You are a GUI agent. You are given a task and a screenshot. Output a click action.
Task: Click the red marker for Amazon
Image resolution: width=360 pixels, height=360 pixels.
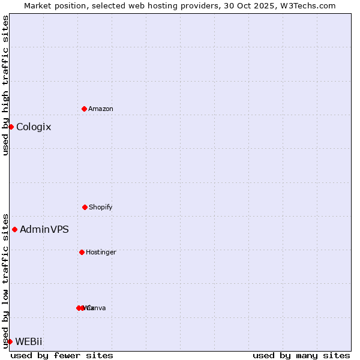(84, 109)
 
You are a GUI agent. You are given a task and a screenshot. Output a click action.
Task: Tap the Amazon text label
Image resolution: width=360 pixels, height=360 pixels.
(101, 109)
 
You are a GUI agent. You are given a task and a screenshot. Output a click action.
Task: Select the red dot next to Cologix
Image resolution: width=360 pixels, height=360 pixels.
(11, 127)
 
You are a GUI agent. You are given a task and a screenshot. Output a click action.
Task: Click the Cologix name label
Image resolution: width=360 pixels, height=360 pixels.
(34, 127)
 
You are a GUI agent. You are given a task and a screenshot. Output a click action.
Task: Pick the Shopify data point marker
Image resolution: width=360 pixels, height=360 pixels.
(85, 207)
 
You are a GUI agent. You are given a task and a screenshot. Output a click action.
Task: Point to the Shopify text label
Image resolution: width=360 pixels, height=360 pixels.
(101, 208)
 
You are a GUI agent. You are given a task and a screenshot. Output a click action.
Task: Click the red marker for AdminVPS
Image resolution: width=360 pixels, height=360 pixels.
(14, 229)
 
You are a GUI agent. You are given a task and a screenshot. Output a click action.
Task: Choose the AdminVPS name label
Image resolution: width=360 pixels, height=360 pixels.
(44, 230)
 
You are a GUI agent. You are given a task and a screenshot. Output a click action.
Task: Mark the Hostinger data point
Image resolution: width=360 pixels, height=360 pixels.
(82, 252)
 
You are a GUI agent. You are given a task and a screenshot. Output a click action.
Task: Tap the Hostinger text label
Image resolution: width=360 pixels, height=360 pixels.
(101, 253)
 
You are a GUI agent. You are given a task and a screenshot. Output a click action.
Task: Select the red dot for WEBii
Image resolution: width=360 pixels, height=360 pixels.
(10, 341)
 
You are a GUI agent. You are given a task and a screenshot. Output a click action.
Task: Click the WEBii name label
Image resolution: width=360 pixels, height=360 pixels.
(29, 342)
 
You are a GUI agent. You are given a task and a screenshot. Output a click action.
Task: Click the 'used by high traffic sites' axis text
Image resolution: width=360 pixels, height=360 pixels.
(5, 85)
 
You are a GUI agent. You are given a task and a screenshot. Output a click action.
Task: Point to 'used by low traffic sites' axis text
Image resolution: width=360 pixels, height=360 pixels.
(5, 281)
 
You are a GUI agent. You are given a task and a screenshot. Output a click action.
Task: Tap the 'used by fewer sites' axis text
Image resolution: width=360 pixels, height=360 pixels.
(62, 356)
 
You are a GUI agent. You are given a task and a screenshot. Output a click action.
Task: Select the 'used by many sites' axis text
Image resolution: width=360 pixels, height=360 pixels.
(301, 356)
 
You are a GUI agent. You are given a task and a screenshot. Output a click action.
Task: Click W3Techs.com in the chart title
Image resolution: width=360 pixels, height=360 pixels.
(310, 5)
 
